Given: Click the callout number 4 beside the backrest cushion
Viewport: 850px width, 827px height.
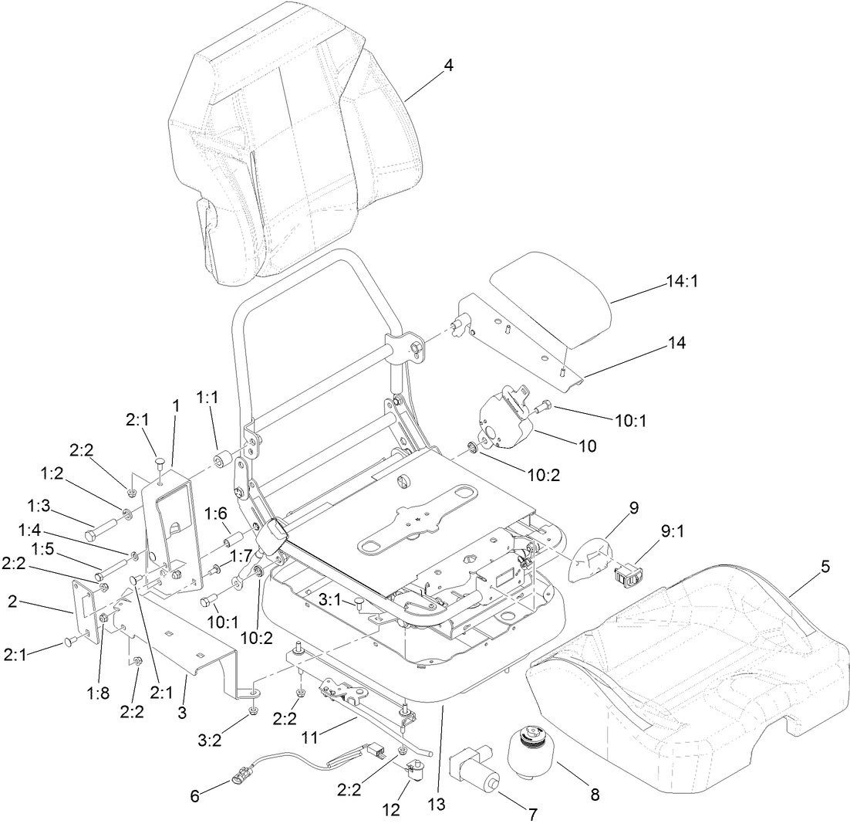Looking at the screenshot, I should (x=448, y=65).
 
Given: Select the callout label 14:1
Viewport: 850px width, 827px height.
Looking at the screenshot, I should (x=681, y=283).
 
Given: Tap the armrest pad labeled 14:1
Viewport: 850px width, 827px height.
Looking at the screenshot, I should (x=551, y=297).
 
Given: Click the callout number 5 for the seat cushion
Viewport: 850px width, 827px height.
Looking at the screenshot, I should (x=825, y=565).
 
